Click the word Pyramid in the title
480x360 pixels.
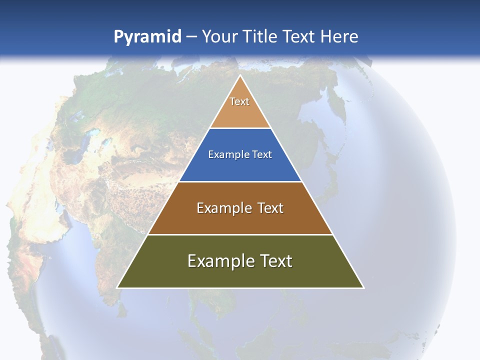(x=147, y=37)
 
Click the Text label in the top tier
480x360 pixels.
(x=239, y=101)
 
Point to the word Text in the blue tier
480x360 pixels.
(x=262, y=154)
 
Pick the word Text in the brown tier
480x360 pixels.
(x=271, y=208)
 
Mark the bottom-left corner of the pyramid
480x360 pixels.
(x=117, y=287)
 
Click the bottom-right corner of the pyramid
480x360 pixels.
(x=363, y=287)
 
